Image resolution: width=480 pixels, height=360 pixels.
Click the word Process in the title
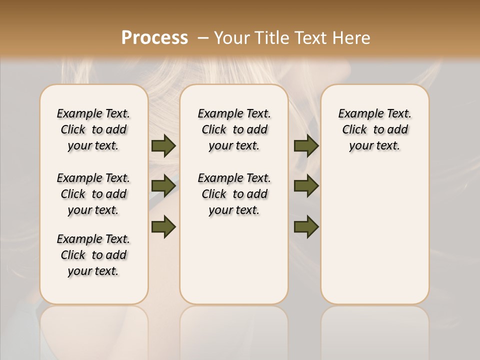pos(154,38)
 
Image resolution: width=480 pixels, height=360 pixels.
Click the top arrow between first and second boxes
pos(163,145)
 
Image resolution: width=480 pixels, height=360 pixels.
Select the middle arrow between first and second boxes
pos(163,186)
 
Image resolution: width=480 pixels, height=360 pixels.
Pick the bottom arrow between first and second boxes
pos(163,226)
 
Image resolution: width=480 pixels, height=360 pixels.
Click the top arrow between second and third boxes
pos(306,145)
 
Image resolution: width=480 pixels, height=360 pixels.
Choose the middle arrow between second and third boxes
pos(306,186)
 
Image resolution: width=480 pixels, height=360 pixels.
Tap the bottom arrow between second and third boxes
pos(306,226)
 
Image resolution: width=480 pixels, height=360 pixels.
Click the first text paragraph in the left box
pos(93,129)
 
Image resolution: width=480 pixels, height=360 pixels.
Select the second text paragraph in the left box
pos(93,194)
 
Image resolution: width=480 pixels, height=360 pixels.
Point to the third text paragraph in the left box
pos(93,255)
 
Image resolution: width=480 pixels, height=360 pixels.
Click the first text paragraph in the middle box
pos(234,129)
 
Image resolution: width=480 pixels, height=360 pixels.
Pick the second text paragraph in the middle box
pos(234,194)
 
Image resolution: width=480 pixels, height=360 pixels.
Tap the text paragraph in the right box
pos(375,129)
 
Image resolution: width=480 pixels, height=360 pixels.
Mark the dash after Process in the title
pos(203,38)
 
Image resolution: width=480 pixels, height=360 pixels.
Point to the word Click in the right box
pos(354,130)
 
